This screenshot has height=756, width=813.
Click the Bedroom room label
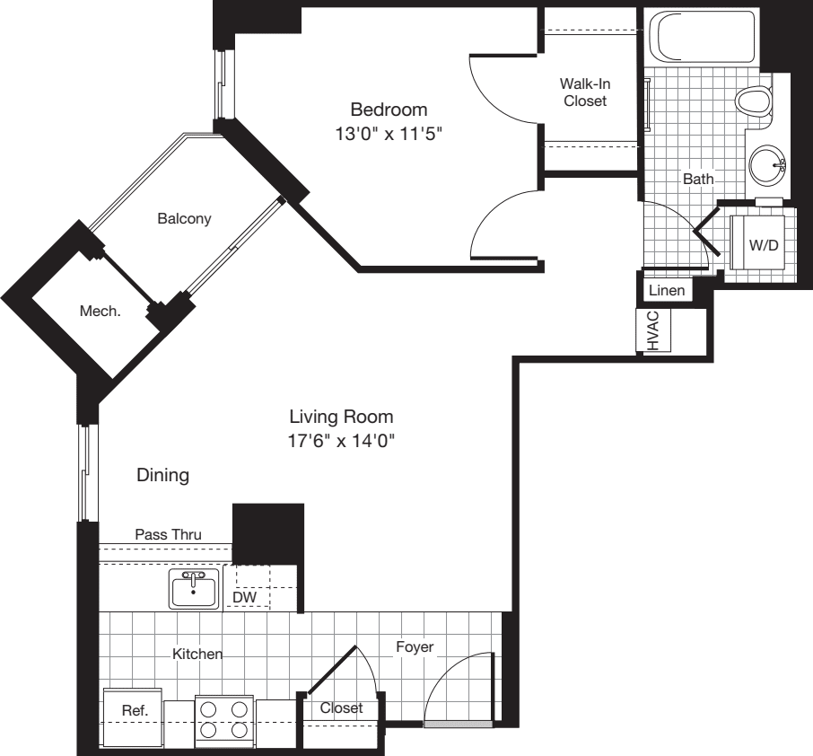tap(388, 110)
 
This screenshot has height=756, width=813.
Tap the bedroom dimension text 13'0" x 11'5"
tap(388, 135)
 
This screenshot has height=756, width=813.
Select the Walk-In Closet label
tap(584, 92)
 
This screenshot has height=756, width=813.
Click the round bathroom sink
tap(767, 165)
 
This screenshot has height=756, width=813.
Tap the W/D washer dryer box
tap(762, 245)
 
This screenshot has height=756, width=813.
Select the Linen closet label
tap(667, 291)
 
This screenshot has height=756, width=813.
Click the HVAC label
tap(652, 330)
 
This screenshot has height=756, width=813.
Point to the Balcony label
tap(184, 218)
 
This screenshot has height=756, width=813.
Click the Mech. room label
tap(100, 311)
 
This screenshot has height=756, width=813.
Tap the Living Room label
tap(341, 417)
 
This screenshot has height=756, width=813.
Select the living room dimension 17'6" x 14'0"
tap(341, 441)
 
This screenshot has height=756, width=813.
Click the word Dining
tap(162, 475)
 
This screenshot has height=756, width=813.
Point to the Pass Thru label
tap(168, 534)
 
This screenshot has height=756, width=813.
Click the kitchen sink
tap(194, 589)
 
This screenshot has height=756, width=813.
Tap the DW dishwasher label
tap(242, 596)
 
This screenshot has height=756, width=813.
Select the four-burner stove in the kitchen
tap(224, 718)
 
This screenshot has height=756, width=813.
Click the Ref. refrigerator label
tap(133, 709)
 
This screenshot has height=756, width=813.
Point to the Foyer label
tap(415, 646)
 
